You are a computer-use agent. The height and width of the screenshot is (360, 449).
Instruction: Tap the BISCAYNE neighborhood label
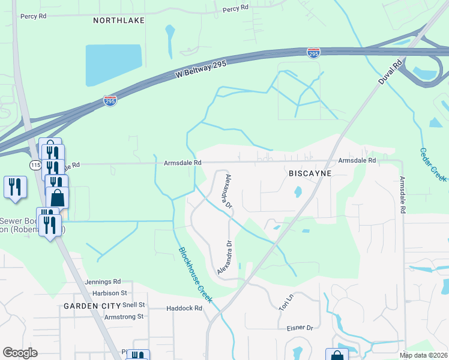(x=310, y=173)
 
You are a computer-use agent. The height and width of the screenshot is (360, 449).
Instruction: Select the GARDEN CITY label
(x=89, y=305)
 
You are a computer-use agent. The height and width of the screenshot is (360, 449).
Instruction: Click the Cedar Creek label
(x=432, y=164)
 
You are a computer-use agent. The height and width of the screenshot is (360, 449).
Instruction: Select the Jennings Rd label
(x=103, y=281)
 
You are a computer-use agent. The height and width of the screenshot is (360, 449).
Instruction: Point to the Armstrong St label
(x=124, y=316)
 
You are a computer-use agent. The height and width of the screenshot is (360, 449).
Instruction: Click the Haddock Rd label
(x=184, y=308)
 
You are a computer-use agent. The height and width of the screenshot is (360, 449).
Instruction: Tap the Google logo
(x=20, y=353)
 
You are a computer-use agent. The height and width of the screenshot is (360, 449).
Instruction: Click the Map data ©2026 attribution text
(x=423, y=355)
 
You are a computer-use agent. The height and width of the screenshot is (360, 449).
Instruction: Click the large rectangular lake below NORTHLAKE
(x=113, y=65)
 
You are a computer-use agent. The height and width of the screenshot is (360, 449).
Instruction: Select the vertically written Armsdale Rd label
(x=402, y=196)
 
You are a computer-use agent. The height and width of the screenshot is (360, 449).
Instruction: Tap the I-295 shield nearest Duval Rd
(x=313, y=53)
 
